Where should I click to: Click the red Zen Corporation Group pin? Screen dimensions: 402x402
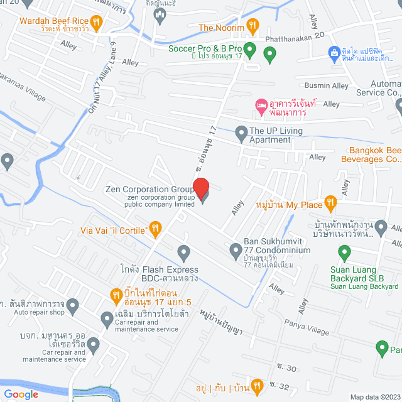pyautogui.click(x=200, y=188)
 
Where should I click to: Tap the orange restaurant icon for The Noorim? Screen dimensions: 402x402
pyautogui.click(x=252, y=26)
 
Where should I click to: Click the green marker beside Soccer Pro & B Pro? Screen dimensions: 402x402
pyautogui.click(x=249, y=48)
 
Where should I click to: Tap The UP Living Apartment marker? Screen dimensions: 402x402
pyautogui.click(x=241, y=133)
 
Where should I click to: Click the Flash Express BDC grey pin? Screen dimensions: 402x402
pyautogui.click(x=183, y=253)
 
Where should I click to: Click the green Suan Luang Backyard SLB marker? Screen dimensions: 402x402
pyautogui.click(x=344, y=253)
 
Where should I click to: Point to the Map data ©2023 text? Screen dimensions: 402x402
pyautogui.click(x=374, y=396)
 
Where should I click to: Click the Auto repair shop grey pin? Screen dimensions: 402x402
pyautogui.click(x=73, y=307)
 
